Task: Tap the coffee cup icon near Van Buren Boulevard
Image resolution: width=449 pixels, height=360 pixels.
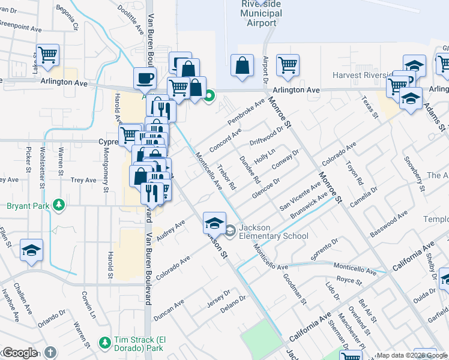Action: coord(145,78)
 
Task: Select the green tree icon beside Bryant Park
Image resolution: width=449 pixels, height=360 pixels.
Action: coord(59,206)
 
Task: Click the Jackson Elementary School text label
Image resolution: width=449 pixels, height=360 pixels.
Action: coord(274,232)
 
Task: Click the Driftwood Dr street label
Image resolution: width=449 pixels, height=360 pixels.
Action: coord(267,136)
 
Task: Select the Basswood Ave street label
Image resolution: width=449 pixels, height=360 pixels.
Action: coord(389,224)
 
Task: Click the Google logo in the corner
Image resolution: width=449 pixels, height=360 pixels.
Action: coord(20,353)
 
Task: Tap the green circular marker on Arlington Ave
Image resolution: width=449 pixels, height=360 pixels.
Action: coord(209,95)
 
